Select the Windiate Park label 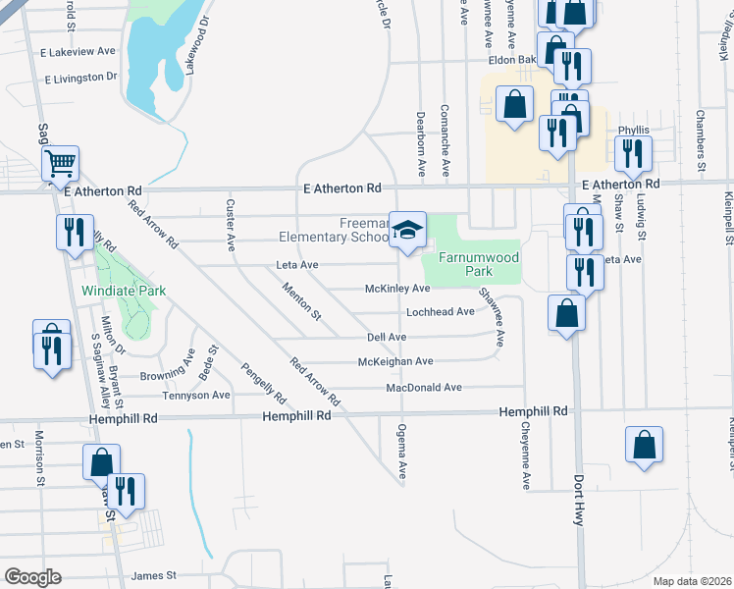click(124, 291)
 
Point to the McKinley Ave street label click(397, 289)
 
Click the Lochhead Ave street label click(441, 312)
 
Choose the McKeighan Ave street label click(395, 361)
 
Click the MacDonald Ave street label click(423, 388)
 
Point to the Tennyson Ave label click(195, 396)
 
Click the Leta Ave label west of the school click(297, 265)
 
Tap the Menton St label click(301, 301)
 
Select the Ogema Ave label click(400, 452)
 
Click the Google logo click(33, 576)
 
